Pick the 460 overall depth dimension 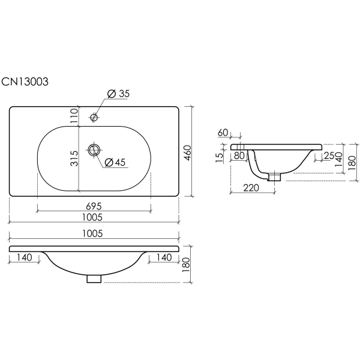187,152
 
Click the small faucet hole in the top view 94,118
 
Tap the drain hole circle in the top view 94,149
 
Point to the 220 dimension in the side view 251,188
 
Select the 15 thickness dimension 220,157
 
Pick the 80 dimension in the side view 239,156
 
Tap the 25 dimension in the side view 329,157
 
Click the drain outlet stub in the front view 94,278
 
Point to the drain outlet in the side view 275,177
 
